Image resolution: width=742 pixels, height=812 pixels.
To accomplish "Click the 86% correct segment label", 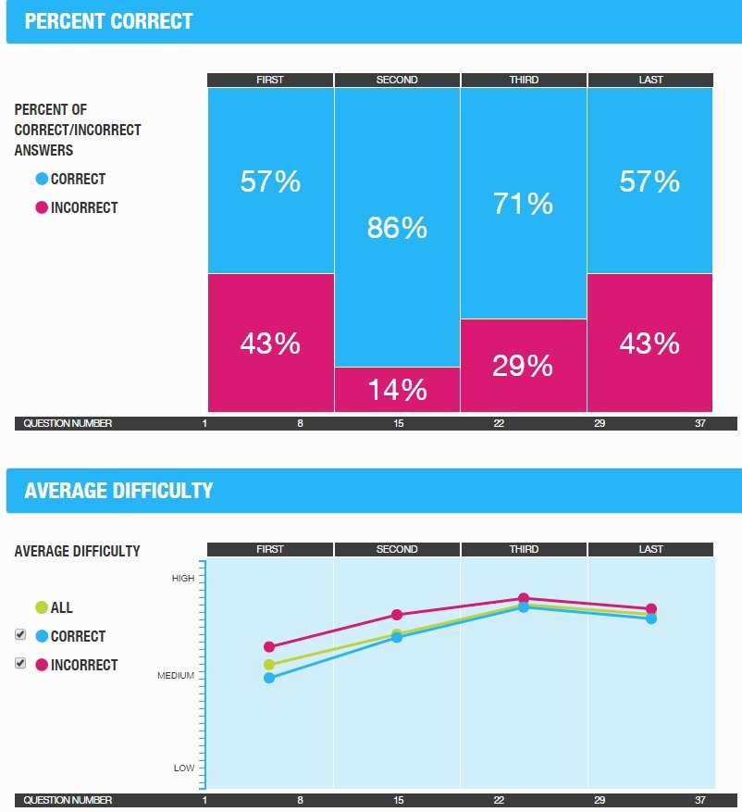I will click(x=397, y=228).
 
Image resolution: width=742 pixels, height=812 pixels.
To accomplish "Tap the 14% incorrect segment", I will click(x=397, y=390).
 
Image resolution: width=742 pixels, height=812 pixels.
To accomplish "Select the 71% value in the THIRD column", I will click(x=523, y=204).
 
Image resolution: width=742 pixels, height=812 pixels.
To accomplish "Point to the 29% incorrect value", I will click(x=523, y=366).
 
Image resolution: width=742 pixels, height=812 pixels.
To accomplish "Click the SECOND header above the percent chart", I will click(x=397, y=80).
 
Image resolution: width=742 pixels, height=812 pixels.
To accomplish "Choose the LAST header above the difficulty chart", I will click(x=650, y=549).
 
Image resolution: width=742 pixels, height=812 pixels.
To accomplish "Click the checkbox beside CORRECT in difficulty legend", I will click(x=20, y=635).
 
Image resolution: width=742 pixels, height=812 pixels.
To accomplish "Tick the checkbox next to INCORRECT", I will click(x=20, y=664).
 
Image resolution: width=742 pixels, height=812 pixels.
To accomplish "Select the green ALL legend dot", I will click(x=41, y=608).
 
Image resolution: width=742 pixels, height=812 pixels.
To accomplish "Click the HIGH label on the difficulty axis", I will click(x=183, y=579).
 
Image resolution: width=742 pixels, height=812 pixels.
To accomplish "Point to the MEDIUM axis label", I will click(x=176, y=676).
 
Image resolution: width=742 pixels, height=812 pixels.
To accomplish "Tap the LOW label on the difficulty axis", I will click(x=184, y=768).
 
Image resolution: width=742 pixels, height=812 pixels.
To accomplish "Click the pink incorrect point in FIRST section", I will click(x=269, y=647).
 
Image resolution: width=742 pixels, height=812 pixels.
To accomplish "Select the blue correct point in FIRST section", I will click(x=269, y=678).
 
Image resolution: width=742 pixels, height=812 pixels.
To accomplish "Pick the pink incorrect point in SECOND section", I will click(x=397, y=615).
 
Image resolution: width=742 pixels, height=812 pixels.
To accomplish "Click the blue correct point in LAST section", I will click(x=651, y=618).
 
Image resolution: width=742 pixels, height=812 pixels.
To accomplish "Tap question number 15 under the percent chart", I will click(x=398, y=423).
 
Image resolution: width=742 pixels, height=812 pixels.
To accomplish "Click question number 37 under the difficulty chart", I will click(x=699, y=800).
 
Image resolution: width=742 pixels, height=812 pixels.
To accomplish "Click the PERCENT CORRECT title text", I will click(x=109, y=21).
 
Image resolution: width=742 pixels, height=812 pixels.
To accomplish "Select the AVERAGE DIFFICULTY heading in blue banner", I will click(x=118, y=491).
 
